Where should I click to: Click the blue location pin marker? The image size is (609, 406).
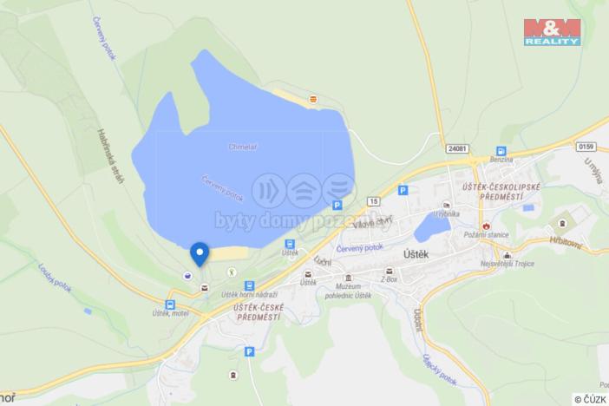[x=200, y=252]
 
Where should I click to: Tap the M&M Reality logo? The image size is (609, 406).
[x=553, y=32]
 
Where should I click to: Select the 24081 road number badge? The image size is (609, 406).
[x=459, y=147]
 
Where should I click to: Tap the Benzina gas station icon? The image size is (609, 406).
[x=501, y=151]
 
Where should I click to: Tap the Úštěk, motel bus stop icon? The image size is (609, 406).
[x=169, y=304]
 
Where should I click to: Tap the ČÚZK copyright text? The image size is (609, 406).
[x=590, y=399]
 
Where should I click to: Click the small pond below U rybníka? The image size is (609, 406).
[x=431, y=228]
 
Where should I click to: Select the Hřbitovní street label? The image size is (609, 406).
[x=566, y=246]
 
